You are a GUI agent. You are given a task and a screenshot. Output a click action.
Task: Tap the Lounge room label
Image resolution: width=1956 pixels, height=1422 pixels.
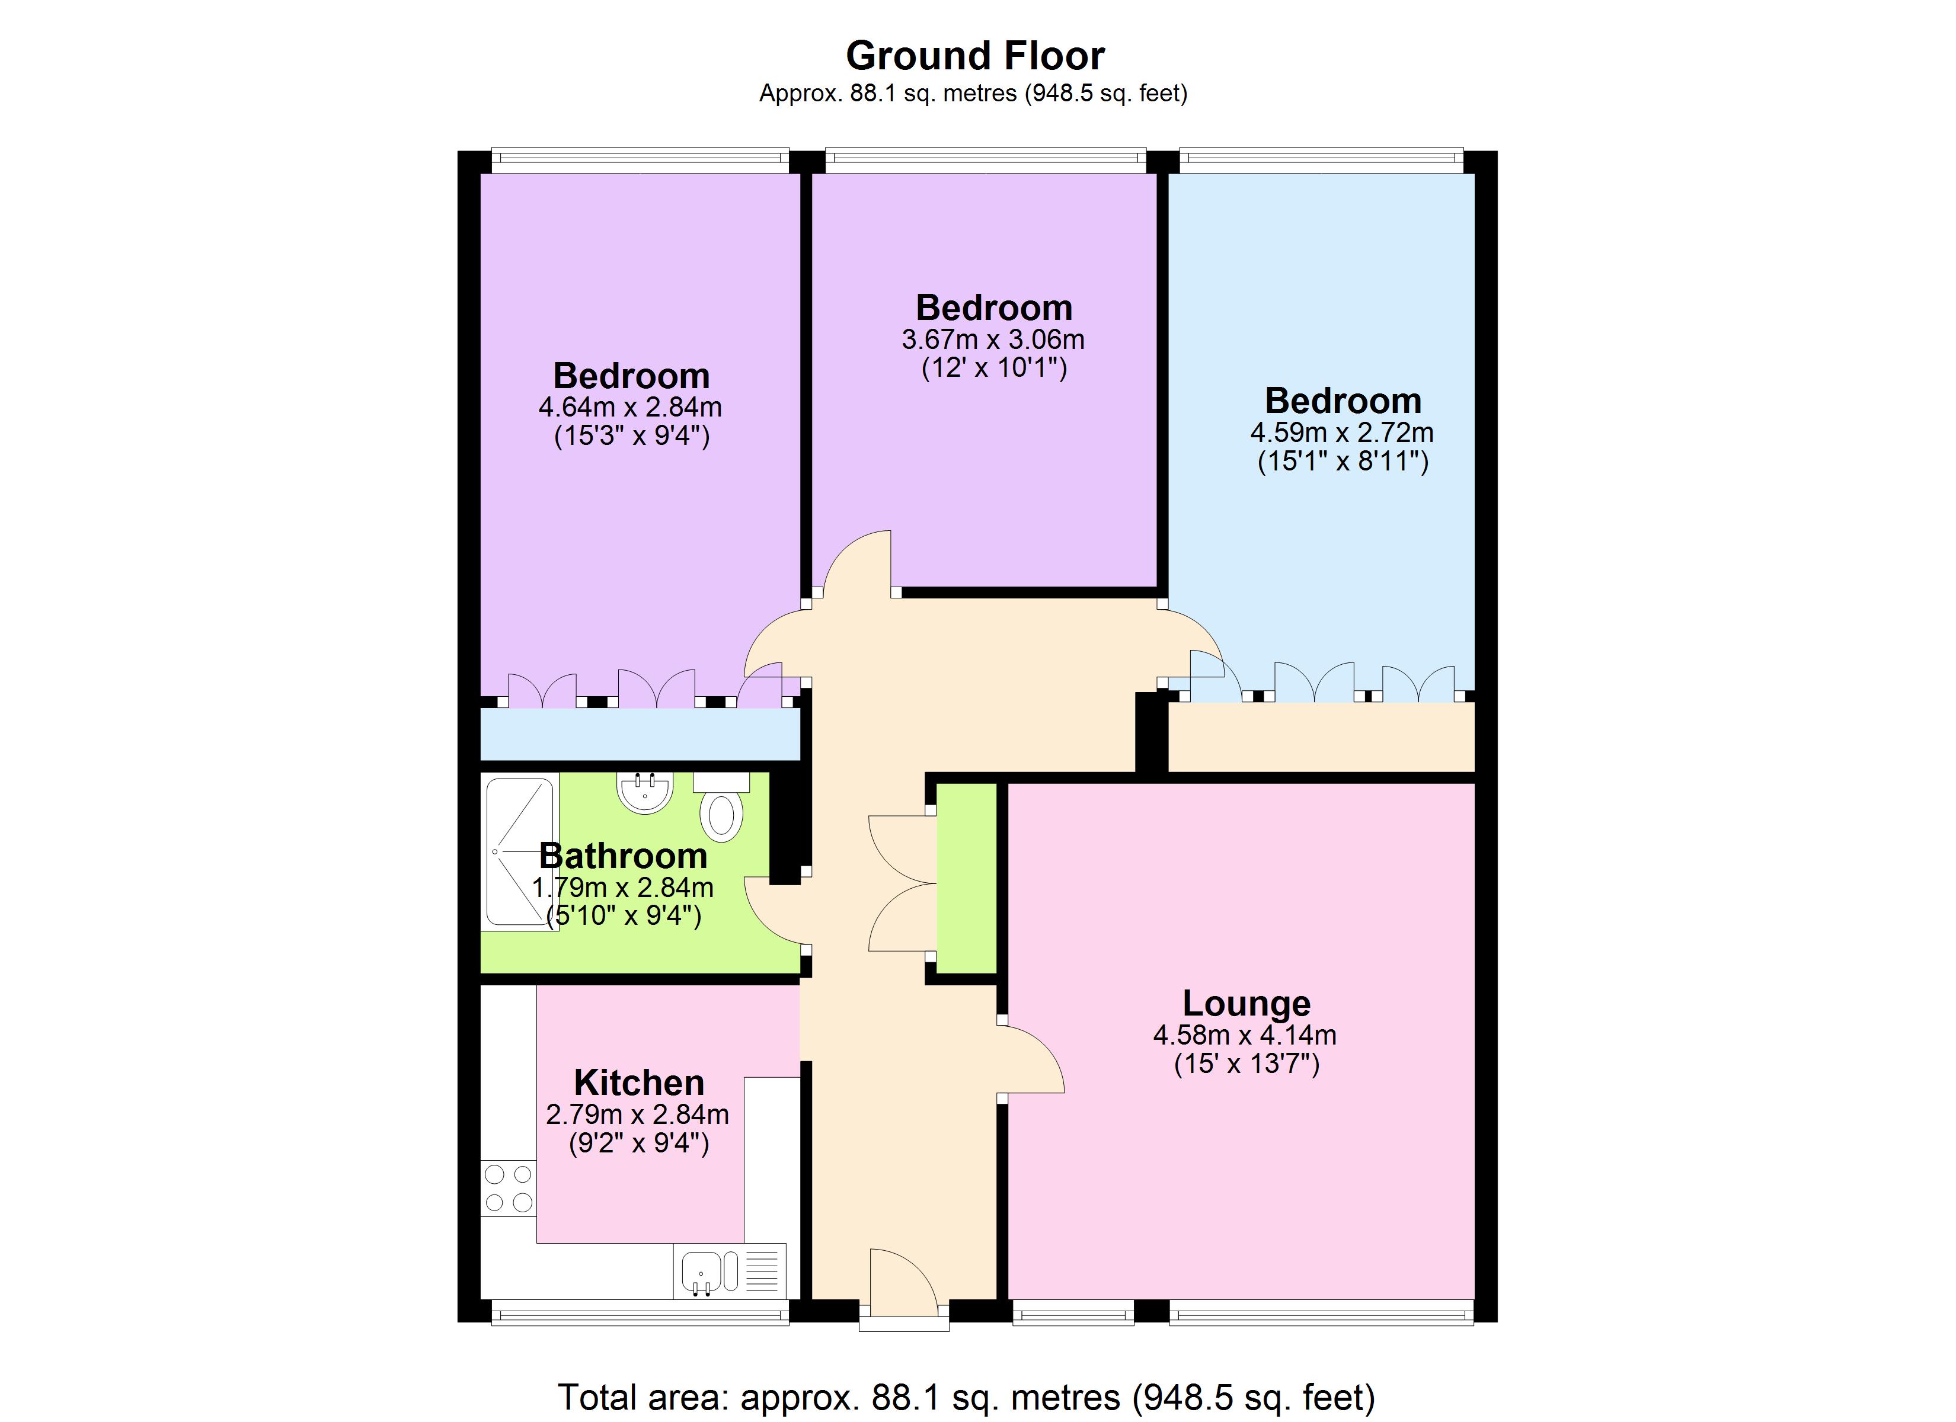pyautogui.click(x=1247, y=1004)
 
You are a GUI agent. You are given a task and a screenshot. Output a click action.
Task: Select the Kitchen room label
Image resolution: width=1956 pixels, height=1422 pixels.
pyautogui.click(x=639, y=1083)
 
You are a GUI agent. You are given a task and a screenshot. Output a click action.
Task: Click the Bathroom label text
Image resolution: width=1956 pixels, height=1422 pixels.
pyautogui.click(x=623, y=856)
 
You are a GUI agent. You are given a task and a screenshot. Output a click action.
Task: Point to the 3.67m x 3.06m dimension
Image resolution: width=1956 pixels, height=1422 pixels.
pyautogui.click(x=993, y=340)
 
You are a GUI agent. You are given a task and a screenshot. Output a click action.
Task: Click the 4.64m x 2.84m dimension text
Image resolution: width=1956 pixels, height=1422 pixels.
pyautogui.click(x=631, y=407)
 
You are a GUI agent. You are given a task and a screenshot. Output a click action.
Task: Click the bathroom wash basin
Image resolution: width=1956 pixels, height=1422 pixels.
pyautogui.click(x=644, y=793)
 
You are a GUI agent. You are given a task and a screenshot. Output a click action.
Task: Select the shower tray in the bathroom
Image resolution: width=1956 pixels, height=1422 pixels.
pyautogui.click(x=520, y=851)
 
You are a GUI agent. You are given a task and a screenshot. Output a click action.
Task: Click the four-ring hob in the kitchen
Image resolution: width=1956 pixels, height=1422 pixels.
pyautogui.click(x=508, y=1189)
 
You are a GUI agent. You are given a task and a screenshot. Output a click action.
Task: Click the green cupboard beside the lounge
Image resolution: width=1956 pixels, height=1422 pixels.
pyautogui.click(x=967, y=878)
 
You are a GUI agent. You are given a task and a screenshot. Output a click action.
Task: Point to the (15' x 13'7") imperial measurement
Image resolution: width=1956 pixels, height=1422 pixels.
pyautogui.click(x=1247, y=1064)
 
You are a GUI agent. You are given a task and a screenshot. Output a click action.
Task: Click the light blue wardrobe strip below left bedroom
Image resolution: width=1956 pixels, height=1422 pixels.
pyautogui.click(x=639, y=735)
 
